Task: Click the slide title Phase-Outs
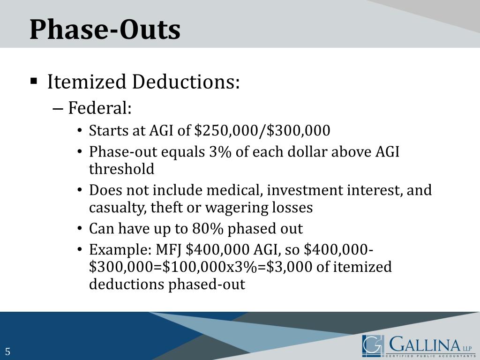click(105, 30)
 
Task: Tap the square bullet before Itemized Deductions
click(33, 81)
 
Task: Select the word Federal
click(99, 108)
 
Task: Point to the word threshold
click(121, 169)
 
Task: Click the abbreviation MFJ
click(165, 250)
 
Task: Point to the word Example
click(117, 250)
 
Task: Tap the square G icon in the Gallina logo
click(373, 346)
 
